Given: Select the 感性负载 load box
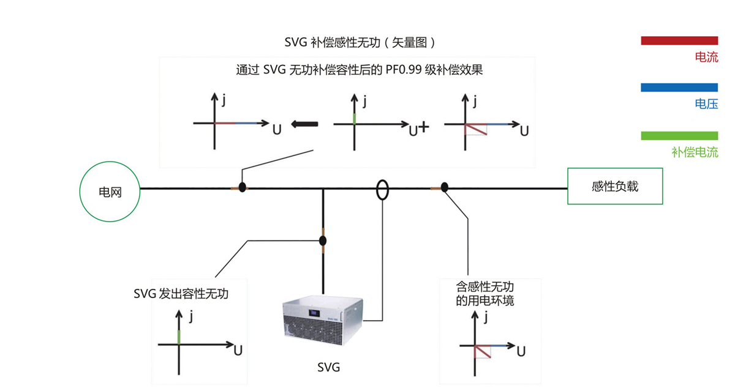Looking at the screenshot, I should [615, 186].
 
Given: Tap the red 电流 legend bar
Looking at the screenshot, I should [679, 40].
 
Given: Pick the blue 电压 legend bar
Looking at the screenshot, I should [679, 88].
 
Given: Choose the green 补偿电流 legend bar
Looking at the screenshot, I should [679, 135].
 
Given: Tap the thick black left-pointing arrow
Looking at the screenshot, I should [304, 124].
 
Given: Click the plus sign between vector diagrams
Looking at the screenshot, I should [423, 128].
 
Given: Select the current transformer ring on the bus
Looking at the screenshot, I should [382, 190].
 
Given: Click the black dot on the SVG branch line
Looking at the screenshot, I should [323, 240].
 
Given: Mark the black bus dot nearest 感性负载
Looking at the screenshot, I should [445, 187].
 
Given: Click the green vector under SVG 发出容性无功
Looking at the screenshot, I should [179, 336].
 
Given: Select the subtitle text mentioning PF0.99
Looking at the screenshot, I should [360, 70].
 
